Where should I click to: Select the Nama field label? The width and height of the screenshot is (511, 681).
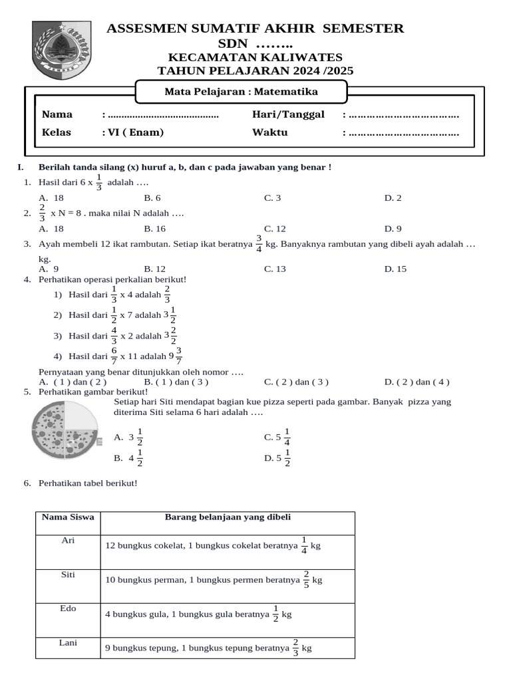[57, 114]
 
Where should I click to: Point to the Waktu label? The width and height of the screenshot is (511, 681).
[269, 132]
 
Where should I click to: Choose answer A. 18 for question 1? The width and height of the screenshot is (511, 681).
[51, 198]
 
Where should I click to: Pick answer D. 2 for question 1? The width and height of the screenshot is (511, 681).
[393, 198]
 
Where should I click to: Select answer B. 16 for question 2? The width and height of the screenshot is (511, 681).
[155, 229]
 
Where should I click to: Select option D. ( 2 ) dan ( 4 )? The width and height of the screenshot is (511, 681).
[417, 382]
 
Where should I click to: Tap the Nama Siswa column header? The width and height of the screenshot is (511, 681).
[68, 517]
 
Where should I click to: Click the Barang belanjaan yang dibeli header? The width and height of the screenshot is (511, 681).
[228, 517]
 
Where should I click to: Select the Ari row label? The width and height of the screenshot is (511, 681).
[68, 541]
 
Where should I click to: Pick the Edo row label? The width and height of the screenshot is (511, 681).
[68, 609]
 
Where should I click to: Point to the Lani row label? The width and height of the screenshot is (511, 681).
[68, 643]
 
